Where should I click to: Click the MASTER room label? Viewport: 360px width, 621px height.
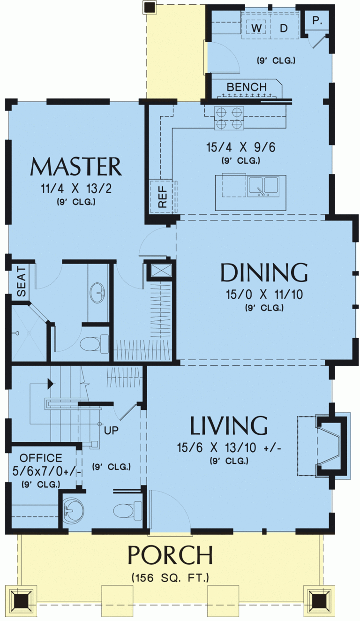tap(75, 167)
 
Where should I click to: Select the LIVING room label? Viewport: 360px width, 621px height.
tap(228, 425)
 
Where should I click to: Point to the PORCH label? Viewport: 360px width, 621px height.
tap(170, 555)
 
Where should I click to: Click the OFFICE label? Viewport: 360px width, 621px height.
tap(41, 458)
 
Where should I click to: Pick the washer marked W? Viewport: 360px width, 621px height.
tap(256, 28)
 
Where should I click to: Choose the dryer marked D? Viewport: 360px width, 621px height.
tap(284, 28)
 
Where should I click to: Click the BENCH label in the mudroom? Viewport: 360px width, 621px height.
tap(247, 87)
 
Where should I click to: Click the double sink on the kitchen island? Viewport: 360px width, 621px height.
tap(263, 186)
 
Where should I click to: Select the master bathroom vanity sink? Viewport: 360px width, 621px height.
tap(98, 293)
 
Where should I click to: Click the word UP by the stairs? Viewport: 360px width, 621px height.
tap(111, 430)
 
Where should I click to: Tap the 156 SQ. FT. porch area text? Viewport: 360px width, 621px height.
tap(170, 577)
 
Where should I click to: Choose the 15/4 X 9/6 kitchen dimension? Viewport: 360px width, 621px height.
tap(240, 147)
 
